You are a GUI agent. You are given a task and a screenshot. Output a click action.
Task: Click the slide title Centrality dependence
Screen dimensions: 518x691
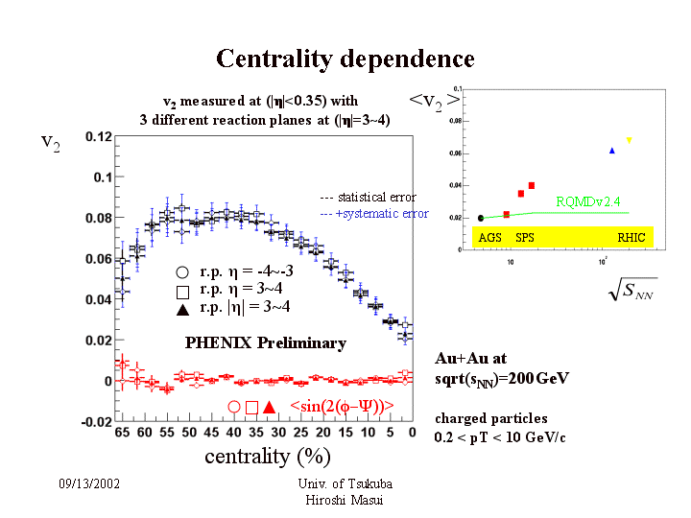coord(345,59)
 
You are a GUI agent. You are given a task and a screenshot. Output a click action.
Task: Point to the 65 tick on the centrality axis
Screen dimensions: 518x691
coord(122,434)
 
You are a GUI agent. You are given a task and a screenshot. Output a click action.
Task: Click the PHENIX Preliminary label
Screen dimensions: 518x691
coord(265,342)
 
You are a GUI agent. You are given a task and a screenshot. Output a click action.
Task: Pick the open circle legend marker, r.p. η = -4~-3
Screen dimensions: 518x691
coord(182,271)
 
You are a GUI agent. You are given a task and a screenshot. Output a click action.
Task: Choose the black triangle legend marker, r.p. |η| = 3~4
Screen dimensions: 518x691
coord(182,308)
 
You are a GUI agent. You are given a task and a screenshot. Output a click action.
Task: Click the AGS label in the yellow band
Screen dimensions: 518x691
coord(490,236)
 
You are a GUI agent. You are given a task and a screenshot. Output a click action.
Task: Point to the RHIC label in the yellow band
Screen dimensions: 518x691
coord(631,236)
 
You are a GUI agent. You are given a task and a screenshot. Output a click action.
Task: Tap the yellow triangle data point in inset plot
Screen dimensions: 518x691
coord(630,140)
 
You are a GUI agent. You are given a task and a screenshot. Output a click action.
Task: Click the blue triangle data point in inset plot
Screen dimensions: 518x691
coord(611,151)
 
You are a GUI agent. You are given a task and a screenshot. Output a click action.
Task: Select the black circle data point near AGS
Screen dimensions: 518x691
coord(481,218)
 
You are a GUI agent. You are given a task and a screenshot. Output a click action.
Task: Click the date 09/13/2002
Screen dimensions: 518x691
coord(89,484)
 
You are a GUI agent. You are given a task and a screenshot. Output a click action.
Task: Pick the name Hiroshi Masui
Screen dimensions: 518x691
coord(345,499)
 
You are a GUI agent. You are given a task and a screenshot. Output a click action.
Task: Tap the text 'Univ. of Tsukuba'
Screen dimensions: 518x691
coord(345,484)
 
